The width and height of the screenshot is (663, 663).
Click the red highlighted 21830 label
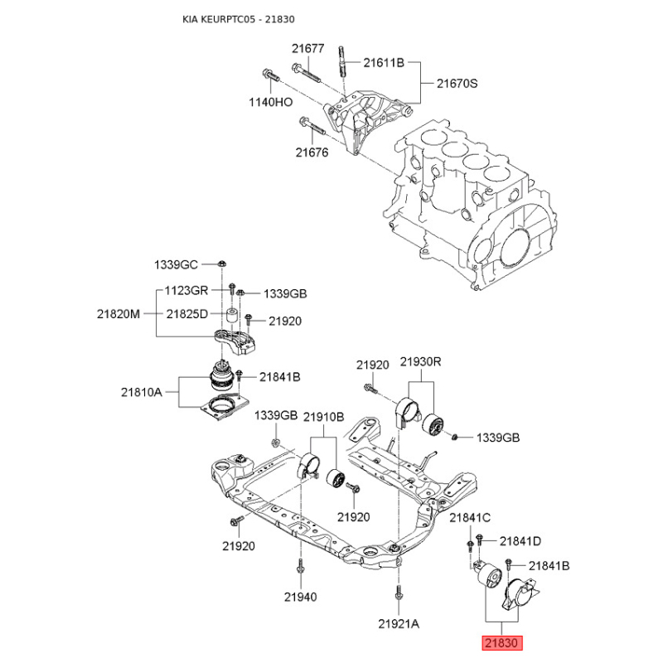(502, 643)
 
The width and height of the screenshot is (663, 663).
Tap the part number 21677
(307, 49)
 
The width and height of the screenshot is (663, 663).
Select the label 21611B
(384, 63)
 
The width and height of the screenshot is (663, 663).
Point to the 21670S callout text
(457, 84)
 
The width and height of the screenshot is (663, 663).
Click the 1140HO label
(271, 102)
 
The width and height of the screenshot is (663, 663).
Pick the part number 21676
(312, 152)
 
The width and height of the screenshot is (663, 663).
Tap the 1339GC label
(176, 265)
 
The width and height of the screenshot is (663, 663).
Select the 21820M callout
(119, 314)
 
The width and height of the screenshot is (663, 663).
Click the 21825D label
(187, 314)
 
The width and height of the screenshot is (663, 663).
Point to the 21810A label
(142, 392)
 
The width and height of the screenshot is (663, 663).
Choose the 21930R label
(421, 362)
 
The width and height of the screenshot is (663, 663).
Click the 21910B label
(324, 417)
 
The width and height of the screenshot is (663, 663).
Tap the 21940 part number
(300, 597)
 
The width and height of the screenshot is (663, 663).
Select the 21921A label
(399, 624)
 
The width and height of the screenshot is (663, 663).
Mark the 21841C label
(470, 517)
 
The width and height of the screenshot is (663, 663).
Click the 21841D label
(520, 541)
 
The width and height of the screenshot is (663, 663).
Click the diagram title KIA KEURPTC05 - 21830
(239, 19)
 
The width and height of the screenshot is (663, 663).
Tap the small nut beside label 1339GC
(221, 264)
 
